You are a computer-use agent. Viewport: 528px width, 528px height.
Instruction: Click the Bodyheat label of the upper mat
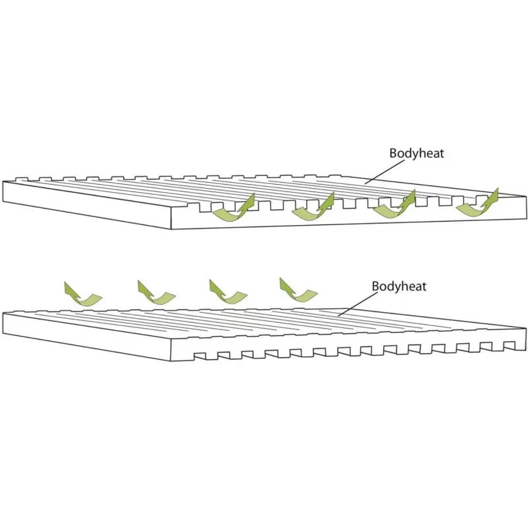(416, 153)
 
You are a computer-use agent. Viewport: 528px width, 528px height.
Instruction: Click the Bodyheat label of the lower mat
(399, 286)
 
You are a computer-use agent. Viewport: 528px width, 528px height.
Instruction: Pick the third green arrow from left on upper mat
(393, 207)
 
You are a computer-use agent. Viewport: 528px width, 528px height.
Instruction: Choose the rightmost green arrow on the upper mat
(477, 204)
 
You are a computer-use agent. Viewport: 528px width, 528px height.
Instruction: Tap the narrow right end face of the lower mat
(521, 337)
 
